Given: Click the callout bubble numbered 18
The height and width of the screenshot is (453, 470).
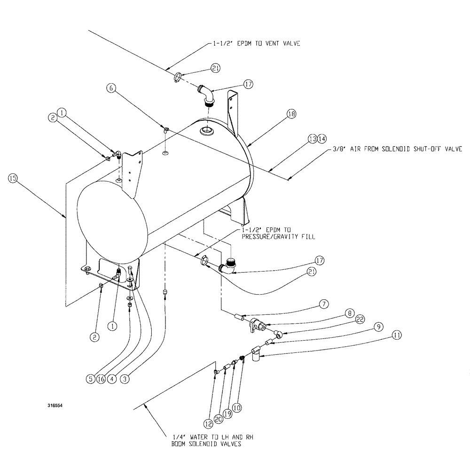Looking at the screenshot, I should click(291, 114).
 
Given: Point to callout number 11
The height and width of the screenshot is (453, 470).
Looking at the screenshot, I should click(397, 336).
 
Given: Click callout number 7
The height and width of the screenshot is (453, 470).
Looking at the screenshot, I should click(323, 304).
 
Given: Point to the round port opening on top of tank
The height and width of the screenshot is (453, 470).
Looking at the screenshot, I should click(206, 131).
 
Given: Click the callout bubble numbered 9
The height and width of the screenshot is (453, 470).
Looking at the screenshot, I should click(378, 325).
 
